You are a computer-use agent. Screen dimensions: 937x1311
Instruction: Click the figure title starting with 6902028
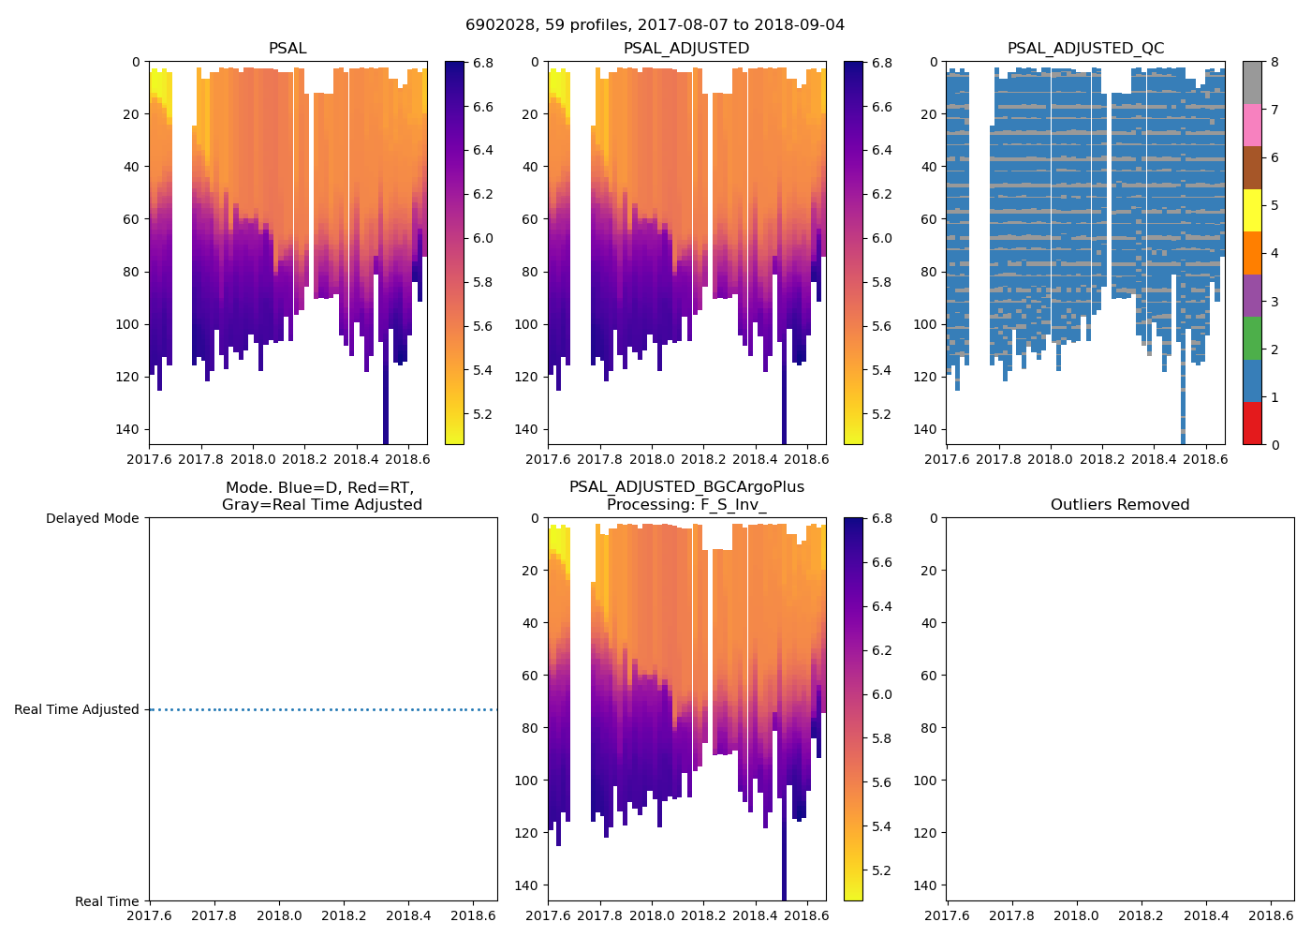coord(655,25)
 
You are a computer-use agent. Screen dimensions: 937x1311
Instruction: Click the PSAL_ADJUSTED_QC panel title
coord(1085,49)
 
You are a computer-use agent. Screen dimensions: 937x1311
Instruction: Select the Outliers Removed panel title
coord(1119,505)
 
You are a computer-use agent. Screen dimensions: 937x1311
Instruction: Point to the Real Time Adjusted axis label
coord(76,710)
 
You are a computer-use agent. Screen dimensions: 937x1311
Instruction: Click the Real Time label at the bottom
coord(107,901)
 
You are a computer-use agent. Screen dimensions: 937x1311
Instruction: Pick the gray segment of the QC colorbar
coord(1252,82)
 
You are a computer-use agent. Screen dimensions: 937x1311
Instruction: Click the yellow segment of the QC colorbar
coord(1252,211)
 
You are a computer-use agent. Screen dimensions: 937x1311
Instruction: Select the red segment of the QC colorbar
coord(1252,423)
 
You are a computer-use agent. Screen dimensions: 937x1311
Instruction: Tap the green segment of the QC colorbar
coord(1252,337)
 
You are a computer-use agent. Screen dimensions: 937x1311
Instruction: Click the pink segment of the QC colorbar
coord(1252,125)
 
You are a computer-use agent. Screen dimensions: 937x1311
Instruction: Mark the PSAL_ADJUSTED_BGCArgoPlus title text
coord(686,487)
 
